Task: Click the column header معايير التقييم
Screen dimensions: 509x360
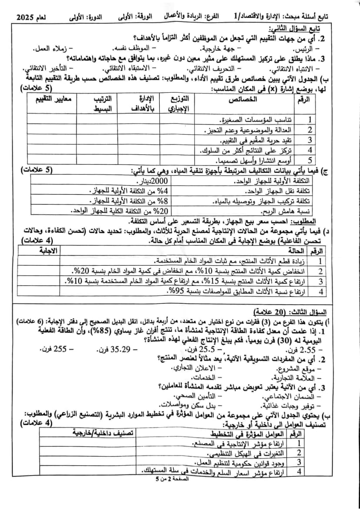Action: [53, 99]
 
